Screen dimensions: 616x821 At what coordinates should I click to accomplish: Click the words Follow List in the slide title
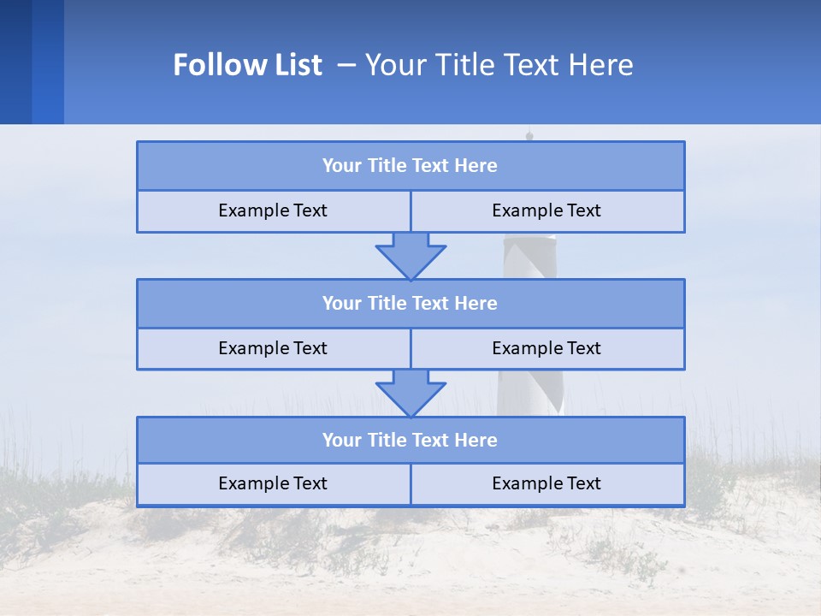click(247, 65)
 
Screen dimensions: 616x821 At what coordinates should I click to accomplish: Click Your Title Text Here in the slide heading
click(499, 65)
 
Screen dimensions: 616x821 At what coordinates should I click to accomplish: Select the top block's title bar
click(410, 166)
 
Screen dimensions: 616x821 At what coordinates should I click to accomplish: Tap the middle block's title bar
click(410, 303)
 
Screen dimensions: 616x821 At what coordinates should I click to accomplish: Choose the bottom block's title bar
click(410, 440)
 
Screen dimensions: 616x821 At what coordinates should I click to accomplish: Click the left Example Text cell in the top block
click(274, 210)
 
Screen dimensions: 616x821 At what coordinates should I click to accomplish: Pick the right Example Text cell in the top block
click(547, 210)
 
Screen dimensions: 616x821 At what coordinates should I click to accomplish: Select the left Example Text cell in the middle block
click(274, 348)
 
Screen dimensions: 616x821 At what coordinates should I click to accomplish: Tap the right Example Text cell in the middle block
click(547, 348)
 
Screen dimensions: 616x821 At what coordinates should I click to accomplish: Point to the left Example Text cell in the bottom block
click(274, 483)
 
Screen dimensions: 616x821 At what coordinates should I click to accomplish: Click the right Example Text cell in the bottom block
click(547, 483)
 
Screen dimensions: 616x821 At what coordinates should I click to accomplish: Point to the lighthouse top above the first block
click(529, 134)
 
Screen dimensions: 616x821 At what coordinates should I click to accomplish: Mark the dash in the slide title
click(346, 65)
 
